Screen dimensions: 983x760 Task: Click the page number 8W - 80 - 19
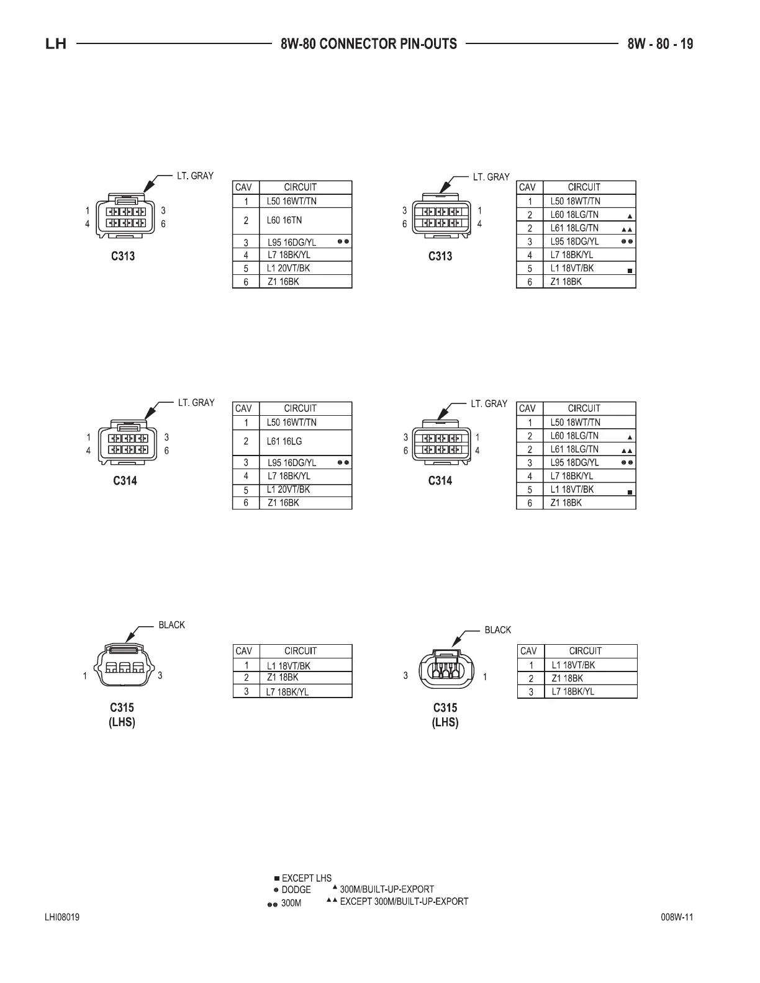point(660,44)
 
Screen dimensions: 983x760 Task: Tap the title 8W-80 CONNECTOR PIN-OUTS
point(368,44)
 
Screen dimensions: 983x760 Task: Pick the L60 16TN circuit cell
point(284,220)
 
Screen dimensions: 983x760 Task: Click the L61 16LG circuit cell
point(284,441)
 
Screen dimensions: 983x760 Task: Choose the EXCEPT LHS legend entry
point(306,878)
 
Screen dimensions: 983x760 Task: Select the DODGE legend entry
point(296,890)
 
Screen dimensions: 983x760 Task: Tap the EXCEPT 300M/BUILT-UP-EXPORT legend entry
point(404,901)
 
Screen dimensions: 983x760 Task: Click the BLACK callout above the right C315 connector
point(497,630)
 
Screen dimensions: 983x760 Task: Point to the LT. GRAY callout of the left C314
point(196,403)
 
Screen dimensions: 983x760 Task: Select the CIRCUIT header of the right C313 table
point(584,187)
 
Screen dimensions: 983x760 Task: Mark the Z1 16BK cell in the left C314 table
point(283,503)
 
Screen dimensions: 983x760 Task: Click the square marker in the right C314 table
point(630,492)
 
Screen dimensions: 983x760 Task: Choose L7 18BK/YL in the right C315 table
point(573,691)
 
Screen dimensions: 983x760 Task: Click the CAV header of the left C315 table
point(243,651)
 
